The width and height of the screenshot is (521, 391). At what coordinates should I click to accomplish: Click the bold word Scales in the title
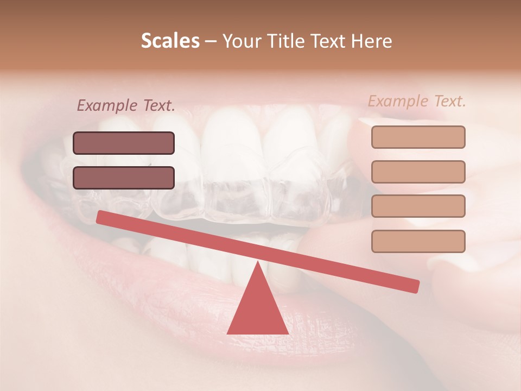(170, 41)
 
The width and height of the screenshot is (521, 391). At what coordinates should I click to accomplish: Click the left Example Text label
(126, 105)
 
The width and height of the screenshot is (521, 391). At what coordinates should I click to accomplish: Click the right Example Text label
(417, 100)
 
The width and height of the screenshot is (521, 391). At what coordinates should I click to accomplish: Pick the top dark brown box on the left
(124, 143)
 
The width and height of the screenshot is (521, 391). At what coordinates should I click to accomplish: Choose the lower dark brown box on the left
(124, 178)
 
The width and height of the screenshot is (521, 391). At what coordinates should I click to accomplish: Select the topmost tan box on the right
(418, 137)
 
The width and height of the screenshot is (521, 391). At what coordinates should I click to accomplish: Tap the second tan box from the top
(418, 172)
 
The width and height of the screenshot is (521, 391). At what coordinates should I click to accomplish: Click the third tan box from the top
(418, 206)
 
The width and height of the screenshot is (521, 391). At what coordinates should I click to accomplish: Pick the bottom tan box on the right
(418, 241)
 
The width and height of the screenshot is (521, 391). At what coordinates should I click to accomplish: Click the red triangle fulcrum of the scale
(258, 310)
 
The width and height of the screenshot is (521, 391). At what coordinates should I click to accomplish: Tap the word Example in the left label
(106, 105)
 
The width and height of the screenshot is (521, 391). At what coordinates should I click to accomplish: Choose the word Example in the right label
(398, 100)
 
